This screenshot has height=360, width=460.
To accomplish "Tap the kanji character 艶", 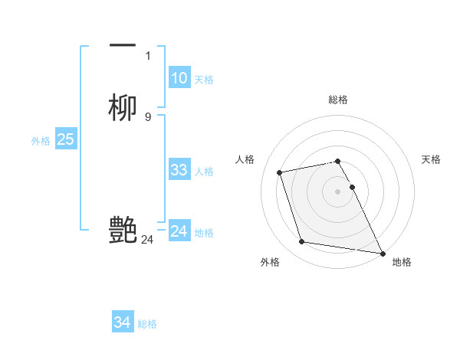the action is (123, 230).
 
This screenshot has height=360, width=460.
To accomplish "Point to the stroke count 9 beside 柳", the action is (147, 117).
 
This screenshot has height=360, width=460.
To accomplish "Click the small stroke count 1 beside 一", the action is (147, 56).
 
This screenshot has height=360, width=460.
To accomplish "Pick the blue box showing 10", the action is (179, 78).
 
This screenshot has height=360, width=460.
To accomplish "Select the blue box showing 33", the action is (179, 170).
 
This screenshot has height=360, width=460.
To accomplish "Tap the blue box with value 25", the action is (65, 139).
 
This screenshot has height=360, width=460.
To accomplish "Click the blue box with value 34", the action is (123, 322).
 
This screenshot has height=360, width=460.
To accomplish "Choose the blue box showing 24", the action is (179, 231).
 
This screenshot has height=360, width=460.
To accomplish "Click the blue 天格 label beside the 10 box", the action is (204, 80).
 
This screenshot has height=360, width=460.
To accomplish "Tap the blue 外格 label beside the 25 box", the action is (41, 141).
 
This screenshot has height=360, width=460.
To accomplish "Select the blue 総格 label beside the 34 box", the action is (147, 324).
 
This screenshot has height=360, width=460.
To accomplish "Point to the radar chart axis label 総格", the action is (338, 100).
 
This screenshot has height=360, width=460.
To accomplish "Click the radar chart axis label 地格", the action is (402, 262).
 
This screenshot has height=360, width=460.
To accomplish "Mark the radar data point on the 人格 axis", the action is (280, 172).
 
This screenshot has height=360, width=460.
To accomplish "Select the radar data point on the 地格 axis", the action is (383, 253).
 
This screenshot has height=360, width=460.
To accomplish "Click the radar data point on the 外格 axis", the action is (302, 242).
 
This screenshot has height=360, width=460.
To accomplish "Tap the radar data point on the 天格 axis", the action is (352, 186).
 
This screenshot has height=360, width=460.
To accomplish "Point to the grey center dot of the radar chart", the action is (338, 191).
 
